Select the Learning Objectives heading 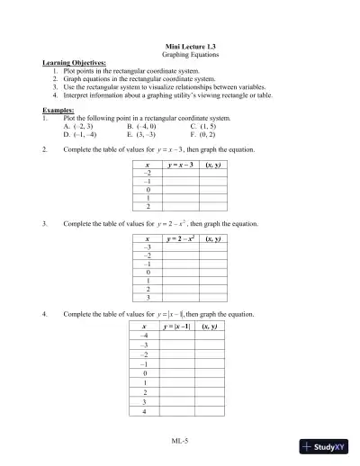pos(75,63)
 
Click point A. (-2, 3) pos(77,126)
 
